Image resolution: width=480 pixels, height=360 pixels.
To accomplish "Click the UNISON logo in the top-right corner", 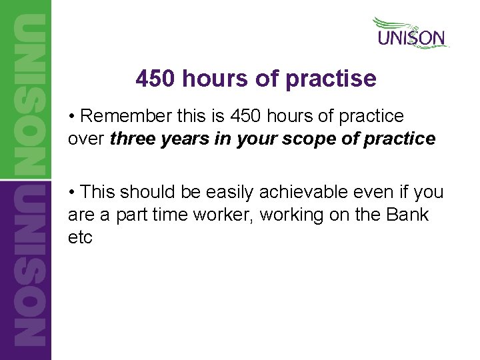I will click(411, 33).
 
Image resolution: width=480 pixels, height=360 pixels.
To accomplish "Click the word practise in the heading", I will click(331, 79).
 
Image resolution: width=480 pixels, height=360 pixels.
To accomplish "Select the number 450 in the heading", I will click(155, 79).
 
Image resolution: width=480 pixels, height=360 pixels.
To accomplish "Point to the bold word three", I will click(133, 139).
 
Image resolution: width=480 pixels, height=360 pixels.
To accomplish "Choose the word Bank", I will click(410, 215).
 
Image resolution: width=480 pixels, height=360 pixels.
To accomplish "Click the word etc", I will click(80, 237).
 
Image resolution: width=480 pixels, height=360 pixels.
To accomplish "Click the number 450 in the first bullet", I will click(247, 116).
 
